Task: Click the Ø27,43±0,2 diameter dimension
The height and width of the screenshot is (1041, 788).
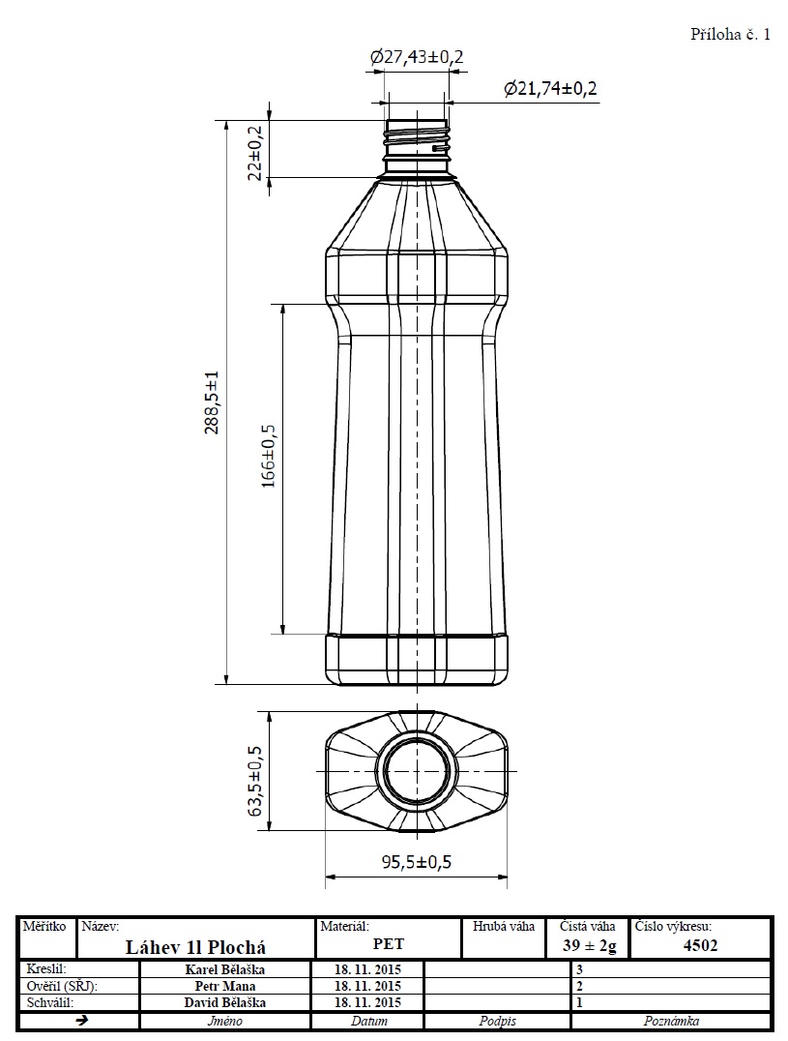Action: [417, 57]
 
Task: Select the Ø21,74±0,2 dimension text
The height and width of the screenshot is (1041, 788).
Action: [550, 88]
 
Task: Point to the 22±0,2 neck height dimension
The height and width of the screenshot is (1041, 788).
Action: [255, 154]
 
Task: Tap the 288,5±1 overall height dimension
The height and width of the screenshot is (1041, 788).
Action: [211, 402]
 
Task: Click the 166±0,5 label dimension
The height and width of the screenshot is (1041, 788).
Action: [269, 456]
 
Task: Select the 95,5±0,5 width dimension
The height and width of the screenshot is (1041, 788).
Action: [416, 862]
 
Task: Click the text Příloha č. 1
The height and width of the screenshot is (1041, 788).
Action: [730, 35]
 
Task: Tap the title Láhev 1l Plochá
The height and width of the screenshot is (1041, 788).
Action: [195, 947]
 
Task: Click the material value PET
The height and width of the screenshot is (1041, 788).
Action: [388, 944]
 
